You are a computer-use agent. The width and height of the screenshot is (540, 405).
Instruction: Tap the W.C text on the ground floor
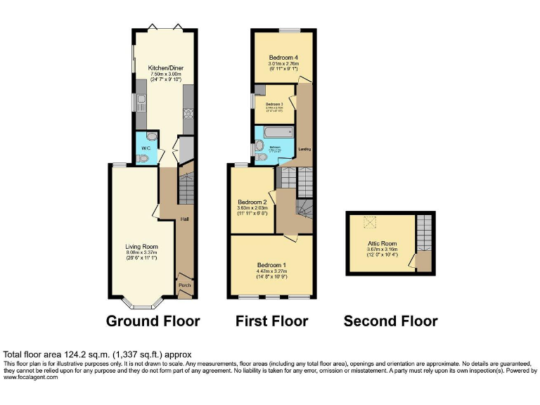click(146, 148)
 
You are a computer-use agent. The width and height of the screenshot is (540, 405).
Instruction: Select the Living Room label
click(141, 247)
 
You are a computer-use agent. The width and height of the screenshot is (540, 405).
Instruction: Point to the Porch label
click(184, 285)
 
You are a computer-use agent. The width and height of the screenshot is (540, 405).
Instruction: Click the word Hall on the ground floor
click(184, 219)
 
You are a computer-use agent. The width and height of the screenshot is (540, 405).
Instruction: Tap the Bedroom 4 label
click(283, 57)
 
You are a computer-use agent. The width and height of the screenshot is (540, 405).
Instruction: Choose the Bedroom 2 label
click(252, 202)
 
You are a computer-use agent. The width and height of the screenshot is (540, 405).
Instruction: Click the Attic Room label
click(382, 243)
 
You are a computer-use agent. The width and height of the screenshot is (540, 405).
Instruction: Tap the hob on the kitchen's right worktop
click(188, 113)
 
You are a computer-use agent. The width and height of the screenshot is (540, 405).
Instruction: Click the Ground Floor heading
click(153, 321)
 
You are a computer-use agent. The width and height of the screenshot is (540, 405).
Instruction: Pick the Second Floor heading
click(390, 321)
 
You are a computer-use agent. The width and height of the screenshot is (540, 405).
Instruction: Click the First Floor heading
click(271, 321)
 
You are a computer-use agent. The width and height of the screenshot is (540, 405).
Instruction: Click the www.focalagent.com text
click(31, 377)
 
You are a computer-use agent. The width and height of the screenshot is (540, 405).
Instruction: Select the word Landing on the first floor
click(305, 149)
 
